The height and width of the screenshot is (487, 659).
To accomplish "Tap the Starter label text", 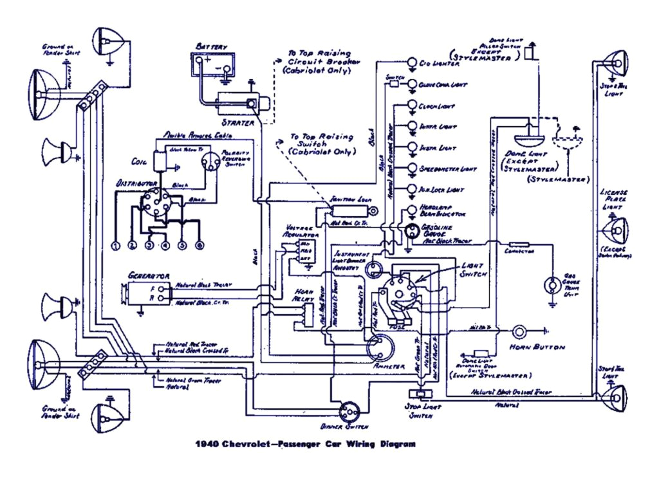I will coord(237,122).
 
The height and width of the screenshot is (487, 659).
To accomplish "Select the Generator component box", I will coord(149,294).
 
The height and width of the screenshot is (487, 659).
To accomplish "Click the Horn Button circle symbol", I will coord(519,331).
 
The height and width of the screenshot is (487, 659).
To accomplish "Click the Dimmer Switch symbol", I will coord(348,410).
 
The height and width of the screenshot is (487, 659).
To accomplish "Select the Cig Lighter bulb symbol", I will coord(412,63).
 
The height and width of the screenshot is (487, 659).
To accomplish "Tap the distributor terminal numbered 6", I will coord(200,246).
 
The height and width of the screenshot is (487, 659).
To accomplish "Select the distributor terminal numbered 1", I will coord(116,246).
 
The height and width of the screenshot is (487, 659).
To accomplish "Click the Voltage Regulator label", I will coord(296,232).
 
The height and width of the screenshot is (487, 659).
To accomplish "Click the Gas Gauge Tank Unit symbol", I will coord(552,284).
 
